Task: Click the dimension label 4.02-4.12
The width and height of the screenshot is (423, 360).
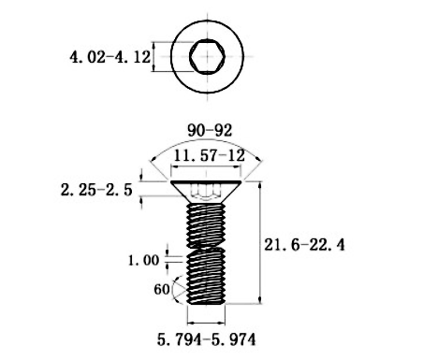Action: coord(109,57)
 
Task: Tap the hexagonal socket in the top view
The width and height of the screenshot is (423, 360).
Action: coord(207,57)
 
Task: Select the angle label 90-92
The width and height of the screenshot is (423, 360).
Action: coord(210,130)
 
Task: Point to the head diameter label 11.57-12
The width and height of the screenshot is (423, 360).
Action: coord(209,155)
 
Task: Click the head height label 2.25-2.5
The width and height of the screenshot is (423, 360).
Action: coord(96,190)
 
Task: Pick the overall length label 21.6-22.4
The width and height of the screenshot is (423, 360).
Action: coord(304,245)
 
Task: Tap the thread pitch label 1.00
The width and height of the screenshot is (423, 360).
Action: coord(143,260)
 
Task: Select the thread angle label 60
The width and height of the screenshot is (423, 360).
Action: coord(162,290)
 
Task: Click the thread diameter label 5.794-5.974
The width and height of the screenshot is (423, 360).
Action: coord(206,339)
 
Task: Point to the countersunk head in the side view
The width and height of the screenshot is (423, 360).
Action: coord(206,192)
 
